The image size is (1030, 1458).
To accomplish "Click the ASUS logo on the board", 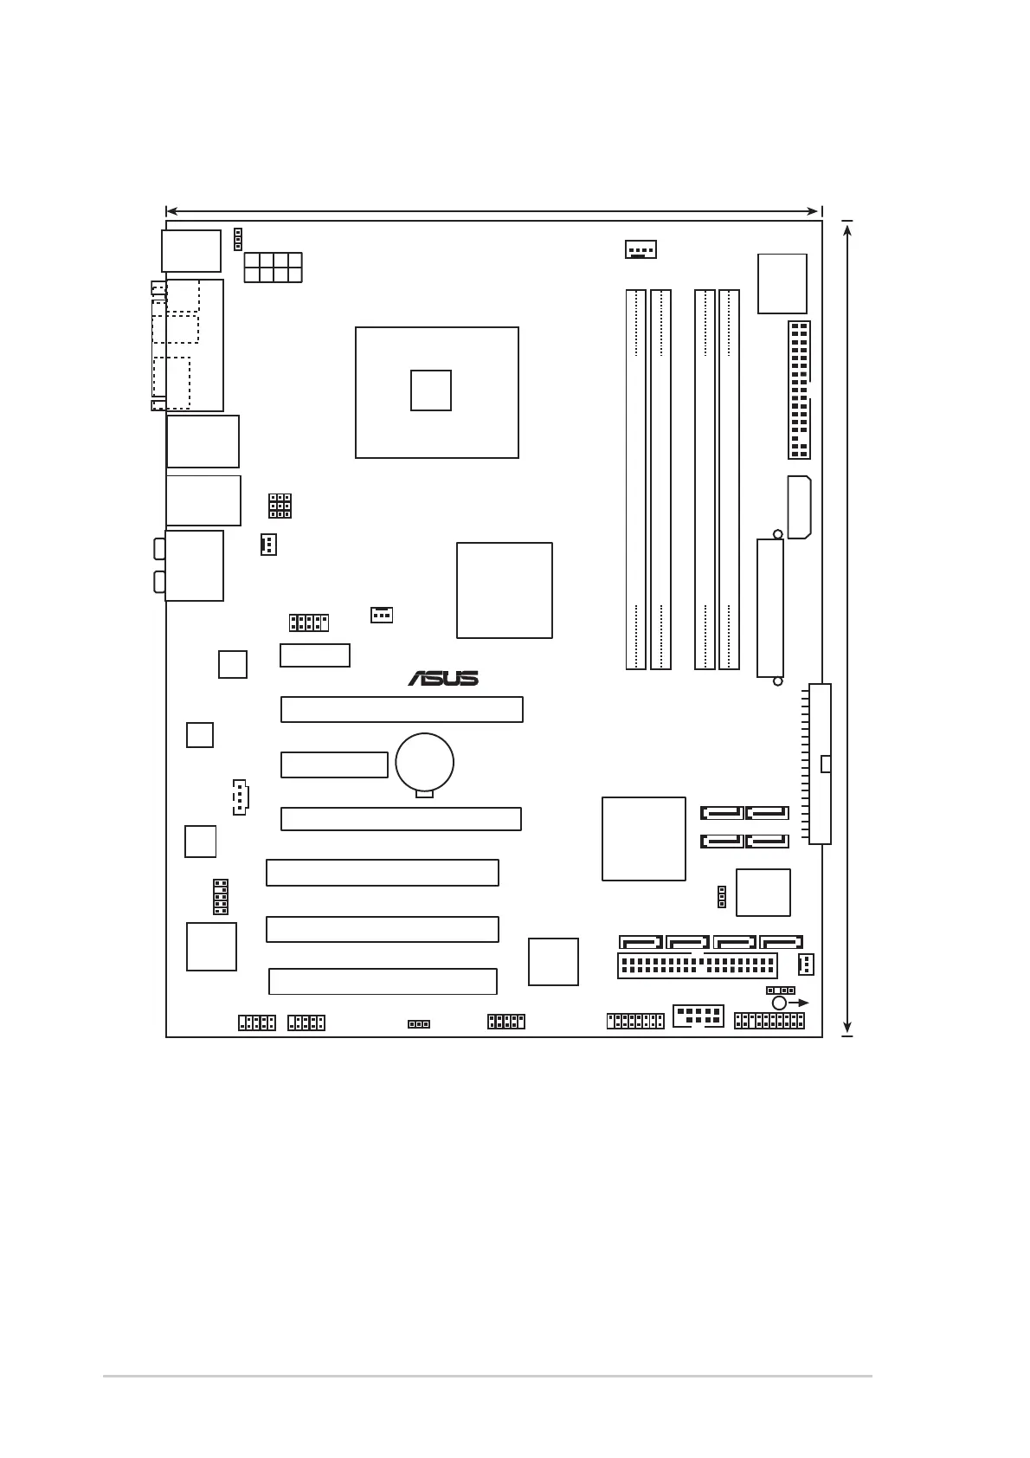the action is [x=443, y=678].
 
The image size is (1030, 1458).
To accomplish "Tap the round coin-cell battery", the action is [x=424, y=762].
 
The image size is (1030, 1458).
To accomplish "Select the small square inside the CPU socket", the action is [x=431, y=390].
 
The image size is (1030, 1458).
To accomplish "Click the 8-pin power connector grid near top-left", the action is [x=273, y=268].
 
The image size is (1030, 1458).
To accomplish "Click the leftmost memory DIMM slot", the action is [x=636, y=479].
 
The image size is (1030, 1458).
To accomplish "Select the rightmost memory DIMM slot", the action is [x=729, y=479].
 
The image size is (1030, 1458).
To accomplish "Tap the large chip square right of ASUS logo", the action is [x=504, y=590].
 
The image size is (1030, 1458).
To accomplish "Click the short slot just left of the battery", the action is [x=334, y=764].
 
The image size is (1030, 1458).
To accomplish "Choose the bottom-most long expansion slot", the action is [x=383, y=981].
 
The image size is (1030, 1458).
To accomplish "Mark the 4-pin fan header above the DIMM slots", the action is [x=641, y=249].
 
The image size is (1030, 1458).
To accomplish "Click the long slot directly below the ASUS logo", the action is [x=402, y=709].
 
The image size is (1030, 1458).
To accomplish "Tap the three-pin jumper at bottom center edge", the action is [x=419, y=1023].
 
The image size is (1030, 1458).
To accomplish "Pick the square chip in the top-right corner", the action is [x=782, y=283].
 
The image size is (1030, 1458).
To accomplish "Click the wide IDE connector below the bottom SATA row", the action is [x=698, y=965].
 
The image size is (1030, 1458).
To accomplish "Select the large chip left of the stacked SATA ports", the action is [x=643, y=838].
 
